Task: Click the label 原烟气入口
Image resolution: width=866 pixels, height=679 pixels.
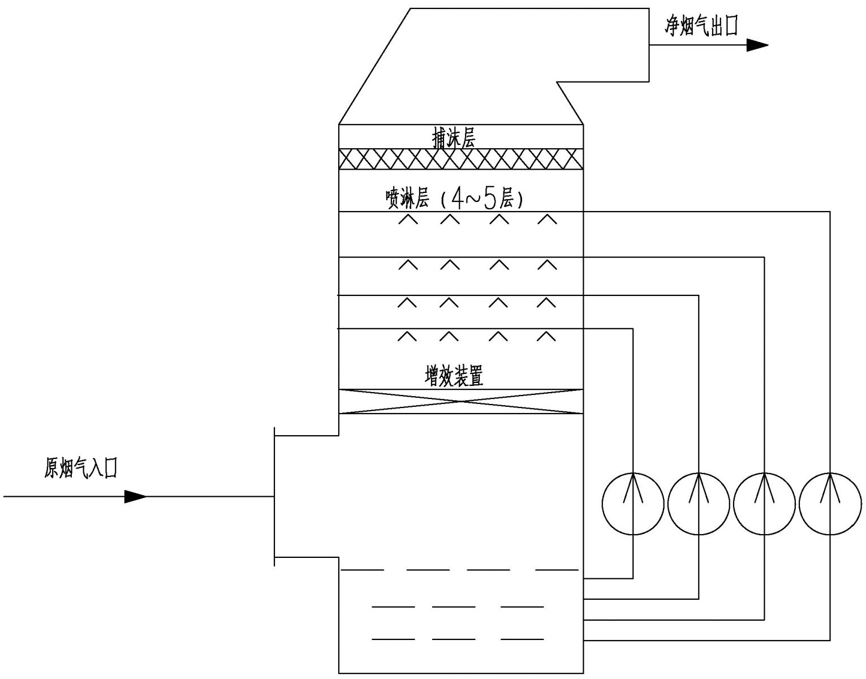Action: pyautogui.click(x=81, y=469)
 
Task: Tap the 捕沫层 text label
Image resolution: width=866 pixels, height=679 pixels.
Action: pyautogui.click(x=453, y=138)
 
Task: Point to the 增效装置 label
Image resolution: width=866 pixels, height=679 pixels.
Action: pyautogui.click(x=454, y=376)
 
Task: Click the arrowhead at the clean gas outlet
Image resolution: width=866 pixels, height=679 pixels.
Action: pyautogui.click(x=757, y=45)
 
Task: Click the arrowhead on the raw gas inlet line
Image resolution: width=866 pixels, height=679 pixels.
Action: pyautogui.click(x=135, y=497)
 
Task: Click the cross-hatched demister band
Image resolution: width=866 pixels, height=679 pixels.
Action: pyautogui.click(x=460, y=159)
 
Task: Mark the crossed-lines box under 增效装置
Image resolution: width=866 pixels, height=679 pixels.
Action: pyautogui.click(x=460, y=402)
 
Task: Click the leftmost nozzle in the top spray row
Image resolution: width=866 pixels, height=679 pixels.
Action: pyautogui.click(x=408, y=220)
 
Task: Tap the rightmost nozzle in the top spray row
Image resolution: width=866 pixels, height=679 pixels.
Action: pyautogui.click(x=546, y=220)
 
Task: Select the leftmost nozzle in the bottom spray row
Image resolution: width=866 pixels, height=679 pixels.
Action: pyautogui.click(x=407, y=337)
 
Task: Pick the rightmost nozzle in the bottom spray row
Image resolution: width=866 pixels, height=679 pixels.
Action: pyautogui.click(x=546, y=337)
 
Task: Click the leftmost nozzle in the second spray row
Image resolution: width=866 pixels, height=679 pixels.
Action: pyautogui.click(x=408, y=264)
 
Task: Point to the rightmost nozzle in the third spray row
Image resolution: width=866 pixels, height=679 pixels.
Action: pyautogui.click(x=546, y=303)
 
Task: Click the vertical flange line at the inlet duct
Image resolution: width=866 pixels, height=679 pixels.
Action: pyautogui.click(x=274, y=496)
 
